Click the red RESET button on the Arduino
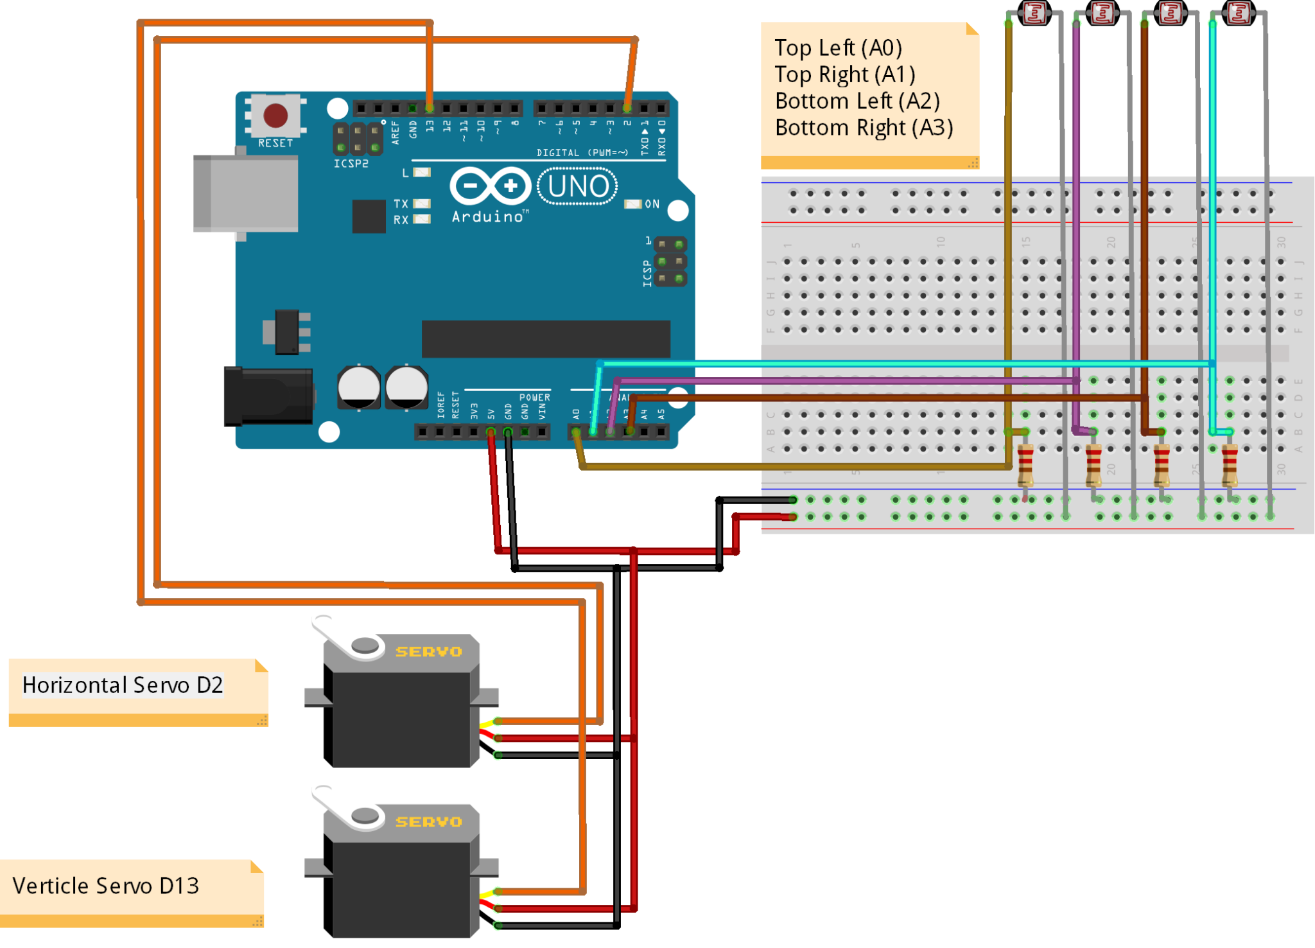(275, 116)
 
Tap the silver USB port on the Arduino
(246, 193)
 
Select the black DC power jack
(268, 396)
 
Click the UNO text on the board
(578, 186)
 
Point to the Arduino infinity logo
(491, 186)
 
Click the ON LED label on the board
(652, 204)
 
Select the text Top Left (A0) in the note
(838, 48)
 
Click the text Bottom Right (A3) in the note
(864, 128)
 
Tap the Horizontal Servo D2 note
(123, 685)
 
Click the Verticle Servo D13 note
(106, 886)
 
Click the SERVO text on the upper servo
(428, 652)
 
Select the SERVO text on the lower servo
(428, 822)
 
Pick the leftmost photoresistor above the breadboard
(1034, 13)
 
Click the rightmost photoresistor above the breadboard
(1239, 13)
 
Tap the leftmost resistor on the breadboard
(1025, 465)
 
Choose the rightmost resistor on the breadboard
(1230, 465)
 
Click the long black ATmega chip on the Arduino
(546, 338)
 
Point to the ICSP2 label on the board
(351, 164)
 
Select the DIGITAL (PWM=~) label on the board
(582, 153)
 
